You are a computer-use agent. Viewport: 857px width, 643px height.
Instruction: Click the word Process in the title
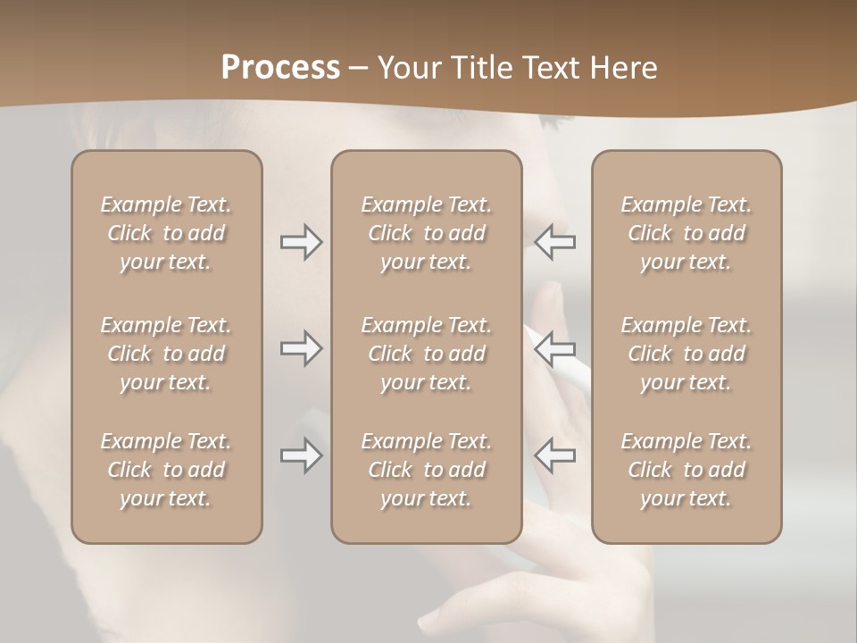point(280,68)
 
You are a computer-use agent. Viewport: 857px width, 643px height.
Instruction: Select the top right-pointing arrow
point(301,242)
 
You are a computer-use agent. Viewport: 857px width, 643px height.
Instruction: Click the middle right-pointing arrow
point(301,348)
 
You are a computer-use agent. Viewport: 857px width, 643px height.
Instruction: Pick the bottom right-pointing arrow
point(301,455)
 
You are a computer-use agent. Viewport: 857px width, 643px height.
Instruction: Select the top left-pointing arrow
point(555,242)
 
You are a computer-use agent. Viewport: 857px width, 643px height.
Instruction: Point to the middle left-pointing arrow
point(555,348)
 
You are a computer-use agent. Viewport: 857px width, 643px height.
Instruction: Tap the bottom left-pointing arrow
point(555,455)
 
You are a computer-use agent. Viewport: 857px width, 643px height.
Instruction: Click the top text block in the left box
point(166,233)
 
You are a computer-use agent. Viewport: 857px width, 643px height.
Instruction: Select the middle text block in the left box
point(166,354)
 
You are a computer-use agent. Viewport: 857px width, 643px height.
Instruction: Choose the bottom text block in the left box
point(166,470)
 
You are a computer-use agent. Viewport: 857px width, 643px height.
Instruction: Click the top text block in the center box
point(426,233)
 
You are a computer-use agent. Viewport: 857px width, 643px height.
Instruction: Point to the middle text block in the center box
point(426,354)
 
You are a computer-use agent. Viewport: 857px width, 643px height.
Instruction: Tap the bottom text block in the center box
point(426,470)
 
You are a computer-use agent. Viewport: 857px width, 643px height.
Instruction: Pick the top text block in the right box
point(686,233)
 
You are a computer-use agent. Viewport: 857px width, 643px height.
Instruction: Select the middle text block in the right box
point(686,354)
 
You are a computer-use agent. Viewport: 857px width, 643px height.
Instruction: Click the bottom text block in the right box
point(686,470)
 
